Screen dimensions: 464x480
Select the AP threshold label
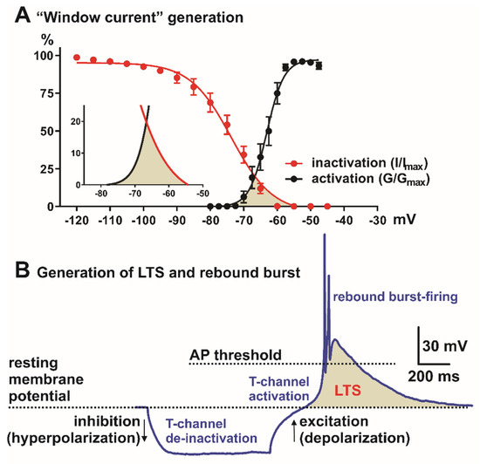(x=234, y=354)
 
